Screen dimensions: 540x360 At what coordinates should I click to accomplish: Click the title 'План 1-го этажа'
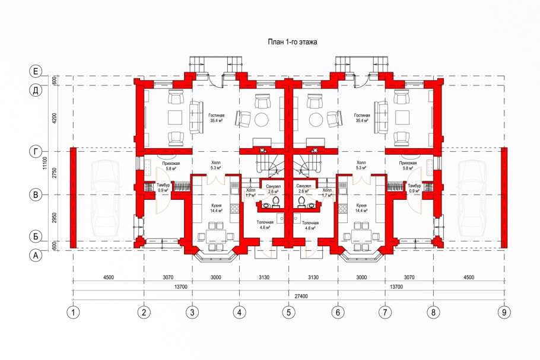click(x=293, y=42)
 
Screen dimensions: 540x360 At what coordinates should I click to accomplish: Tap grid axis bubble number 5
click(x=288, y=312)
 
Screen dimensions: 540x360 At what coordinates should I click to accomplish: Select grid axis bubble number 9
click(x=504, y=312)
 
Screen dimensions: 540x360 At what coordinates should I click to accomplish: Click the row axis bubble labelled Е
click(x=36, y=71)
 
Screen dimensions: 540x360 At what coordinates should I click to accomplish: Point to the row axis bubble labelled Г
click(x=36, y=151)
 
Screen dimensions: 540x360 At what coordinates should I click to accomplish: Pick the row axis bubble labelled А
click(x=36, y=256)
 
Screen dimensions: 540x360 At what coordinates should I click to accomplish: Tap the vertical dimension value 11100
click(x=44, y=163)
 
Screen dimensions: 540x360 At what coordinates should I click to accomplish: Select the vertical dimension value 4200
click(x=55, y=119)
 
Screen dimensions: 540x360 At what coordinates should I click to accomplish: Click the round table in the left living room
click(x=261, y=120)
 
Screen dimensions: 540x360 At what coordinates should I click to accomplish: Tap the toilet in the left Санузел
click(x=275, y=202)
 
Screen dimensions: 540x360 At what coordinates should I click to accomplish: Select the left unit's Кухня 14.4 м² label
click(x=217, y=208)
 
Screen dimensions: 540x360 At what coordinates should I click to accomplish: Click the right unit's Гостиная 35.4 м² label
click(x=361, y=118)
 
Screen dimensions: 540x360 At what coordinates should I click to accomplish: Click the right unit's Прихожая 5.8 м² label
click(x=408, y=166)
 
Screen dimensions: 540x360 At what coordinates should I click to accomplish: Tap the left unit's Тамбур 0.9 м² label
click(x=163, y=188)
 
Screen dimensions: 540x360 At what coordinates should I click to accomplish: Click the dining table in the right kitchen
click(x=361, y=236)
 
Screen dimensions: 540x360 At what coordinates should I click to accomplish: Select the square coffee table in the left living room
click(x=175, y=117)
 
